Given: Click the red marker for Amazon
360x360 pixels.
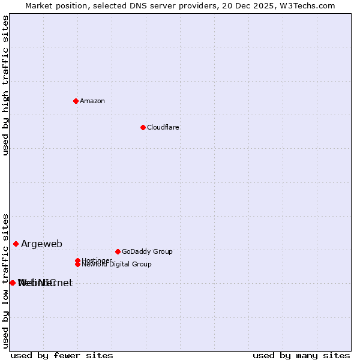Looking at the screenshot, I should tap(76, 101).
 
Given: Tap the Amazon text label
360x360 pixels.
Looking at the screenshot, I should tap(92, 101).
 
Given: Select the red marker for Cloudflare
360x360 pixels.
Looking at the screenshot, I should tap(143, 127).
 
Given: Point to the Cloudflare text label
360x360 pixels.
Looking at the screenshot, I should tap(163, 128).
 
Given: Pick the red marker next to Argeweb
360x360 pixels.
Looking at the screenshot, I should tap(16, 244).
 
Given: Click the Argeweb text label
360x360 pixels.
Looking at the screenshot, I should tap(41, 244).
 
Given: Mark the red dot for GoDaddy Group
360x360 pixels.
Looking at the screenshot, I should tap(118, 251).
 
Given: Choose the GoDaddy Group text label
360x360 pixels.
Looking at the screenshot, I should tap(147, 252).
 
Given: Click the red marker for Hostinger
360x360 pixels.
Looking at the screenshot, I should tap(77, 260).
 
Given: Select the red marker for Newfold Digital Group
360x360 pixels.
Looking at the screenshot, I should tap(77, 264).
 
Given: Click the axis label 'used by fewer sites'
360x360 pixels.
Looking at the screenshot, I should tap(62, 356).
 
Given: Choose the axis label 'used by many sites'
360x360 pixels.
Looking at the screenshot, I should tap(301, 356).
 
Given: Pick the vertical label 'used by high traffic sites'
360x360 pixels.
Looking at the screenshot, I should tap(6, 85).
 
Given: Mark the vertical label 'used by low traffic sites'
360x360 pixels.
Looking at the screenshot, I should tap(6, 281).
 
